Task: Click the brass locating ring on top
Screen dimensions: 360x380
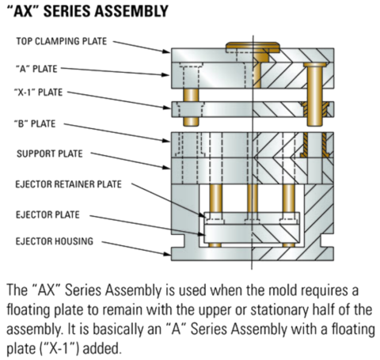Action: [252, 46]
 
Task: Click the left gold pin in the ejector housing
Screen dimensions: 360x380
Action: [214, 207]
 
